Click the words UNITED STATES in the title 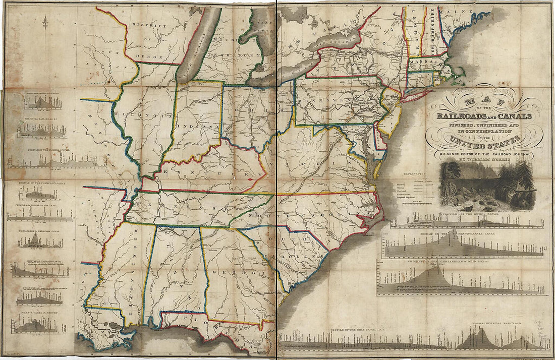click(x=484, y=140)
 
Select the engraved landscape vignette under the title click(x=484, y=186)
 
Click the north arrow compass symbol click(x=45, y=22)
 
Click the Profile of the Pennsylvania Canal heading click(x=463, y=237)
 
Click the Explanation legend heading click(x=415, y=173)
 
